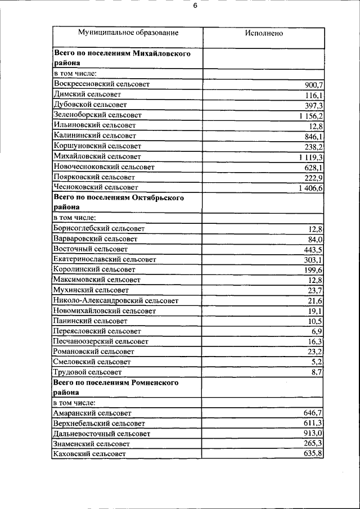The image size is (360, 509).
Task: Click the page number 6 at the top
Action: (x=195, y=7)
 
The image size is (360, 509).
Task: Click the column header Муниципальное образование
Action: (x=128, y=33)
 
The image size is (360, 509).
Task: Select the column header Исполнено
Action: (x=264, y=33)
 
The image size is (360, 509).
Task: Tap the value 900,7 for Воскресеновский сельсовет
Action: (x=313, y=84)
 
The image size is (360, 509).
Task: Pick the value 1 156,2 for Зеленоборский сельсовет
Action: (x=311, y=115)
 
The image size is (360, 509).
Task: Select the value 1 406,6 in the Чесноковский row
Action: (x=311, y=187)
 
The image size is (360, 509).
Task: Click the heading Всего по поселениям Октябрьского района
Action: (x=119, y=202)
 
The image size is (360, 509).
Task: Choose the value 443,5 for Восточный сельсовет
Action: (x=313, y=249)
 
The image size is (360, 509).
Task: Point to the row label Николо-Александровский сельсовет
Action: (x=116, y=301)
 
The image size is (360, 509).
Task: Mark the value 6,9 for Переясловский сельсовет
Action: (x=317, y=331)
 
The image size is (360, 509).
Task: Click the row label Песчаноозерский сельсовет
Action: (x=101, y=341)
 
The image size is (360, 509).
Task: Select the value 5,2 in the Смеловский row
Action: (x=317, y=362)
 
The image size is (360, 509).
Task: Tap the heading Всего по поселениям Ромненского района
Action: (x=116, y=387)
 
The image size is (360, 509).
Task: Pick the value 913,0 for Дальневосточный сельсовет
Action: (x=313, y=434)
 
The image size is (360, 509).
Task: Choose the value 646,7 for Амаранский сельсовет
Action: (x=313, y=413)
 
